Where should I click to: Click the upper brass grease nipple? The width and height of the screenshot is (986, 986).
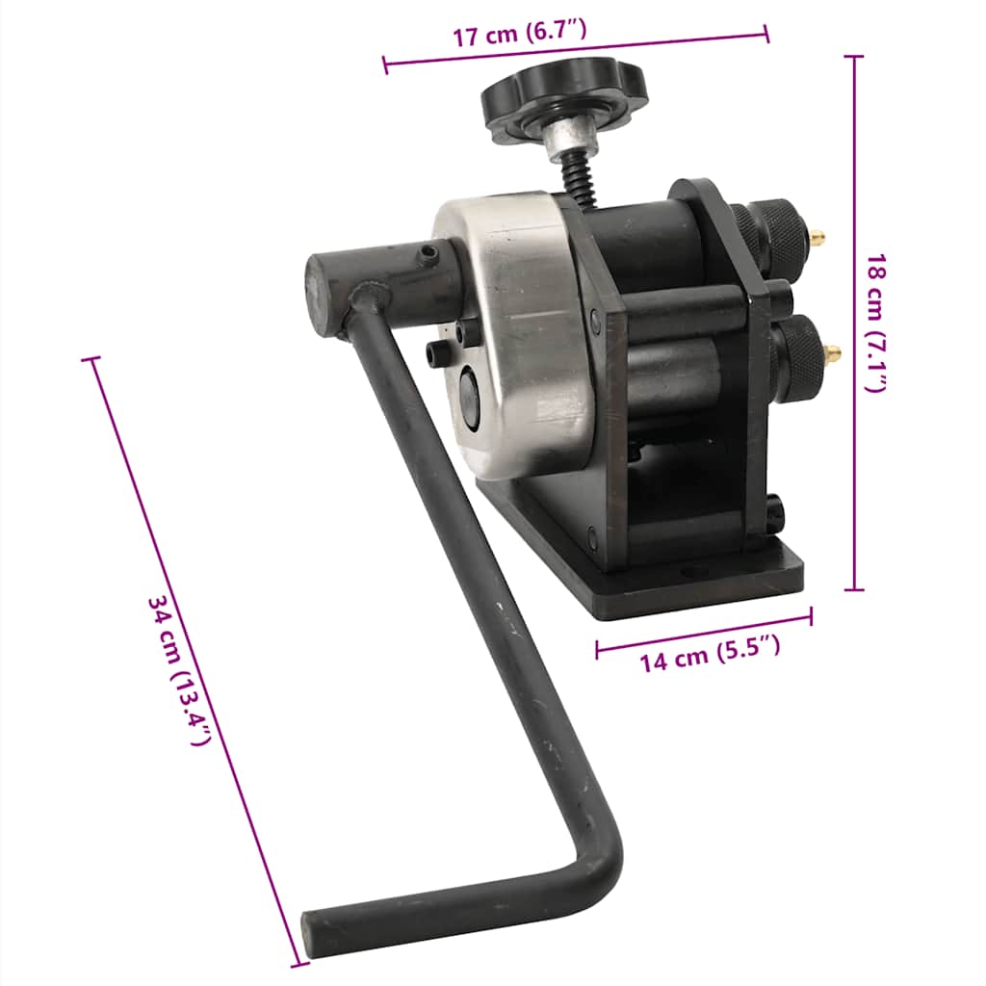818,237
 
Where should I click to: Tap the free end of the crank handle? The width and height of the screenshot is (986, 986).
313,931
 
